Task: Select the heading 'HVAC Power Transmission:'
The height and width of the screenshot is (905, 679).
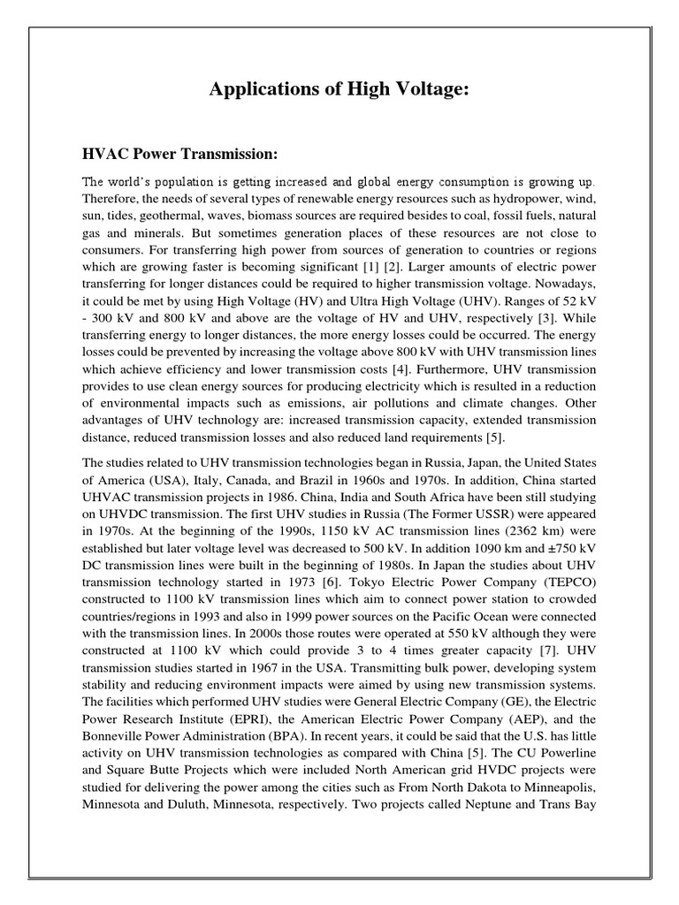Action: pyautogui.click(x=179, y=155)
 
